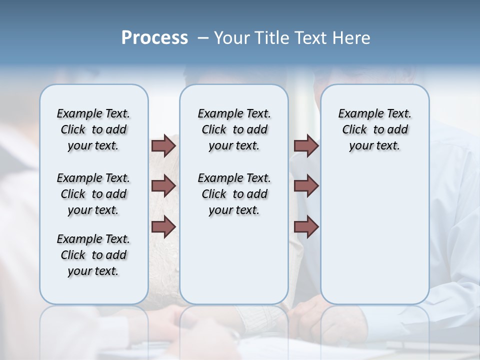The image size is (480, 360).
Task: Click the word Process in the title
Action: (154, 38)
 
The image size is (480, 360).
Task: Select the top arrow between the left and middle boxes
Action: (163, 145)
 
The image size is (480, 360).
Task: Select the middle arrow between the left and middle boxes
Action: (163, 186)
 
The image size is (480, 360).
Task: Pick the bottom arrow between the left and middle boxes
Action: (163, 226)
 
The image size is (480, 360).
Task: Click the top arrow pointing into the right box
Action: (306, 145)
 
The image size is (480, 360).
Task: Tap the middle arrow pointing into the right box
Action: (306, 186)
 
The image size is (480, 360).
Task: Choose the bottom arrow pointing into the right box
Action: (306, 226)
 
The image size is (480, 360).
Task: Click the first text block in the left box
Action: (93, 129)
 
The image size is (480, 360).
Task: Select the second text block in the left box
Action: (93, 194)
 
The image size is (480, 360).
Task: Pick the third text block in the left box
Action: (93, 255)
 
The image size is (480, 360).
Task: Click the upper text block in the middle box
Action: (234, 129)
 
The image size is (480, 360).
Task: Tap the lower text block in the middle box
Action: (234, 194)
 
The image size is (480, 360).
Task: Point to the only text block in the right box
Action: (374, 129)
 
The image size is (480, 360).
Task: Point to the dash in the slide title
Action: (203, 38)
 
